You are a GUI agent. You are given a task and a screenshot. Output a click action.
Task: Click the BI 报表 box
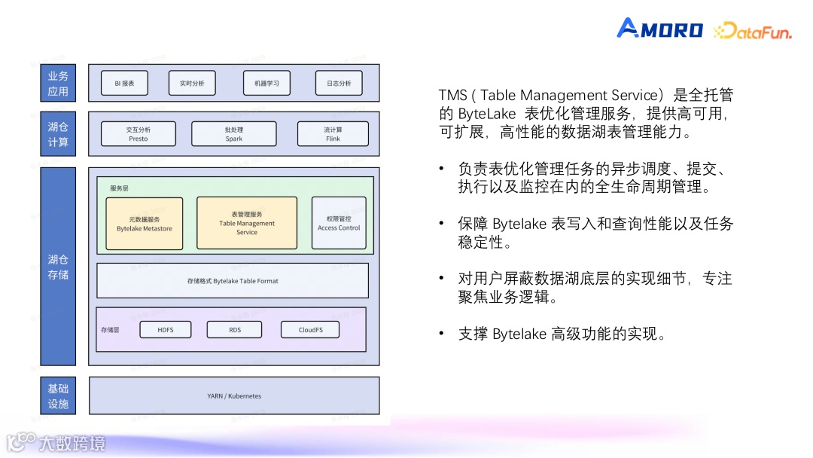coord(124,84)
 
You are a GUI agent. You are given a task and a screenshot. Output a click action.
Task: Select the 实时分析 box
coord(191,84)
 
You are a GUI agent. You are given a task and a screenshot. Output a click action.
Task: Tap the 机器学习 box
coord(266,84)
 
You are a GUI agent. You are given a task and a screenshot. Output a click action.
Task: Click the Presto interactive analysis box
coord(138,134)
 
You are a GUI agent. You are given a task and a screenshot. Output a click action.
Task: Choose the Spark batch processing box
coord(233,134)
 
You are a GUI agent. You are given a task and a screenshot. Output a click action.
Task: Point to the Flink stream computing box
coord(333,134)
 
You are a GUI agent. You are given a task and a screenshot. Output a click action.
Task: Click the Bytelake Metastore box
coord(145,224)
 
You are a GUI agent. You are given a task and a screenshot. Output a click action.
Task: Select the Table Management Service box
coord(247,223)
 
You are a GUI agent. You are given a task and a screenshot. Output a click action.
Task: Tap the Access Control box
coord(339,223)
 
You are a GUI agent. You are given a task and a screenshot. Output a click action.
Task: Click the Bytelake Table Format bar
coord(233,281)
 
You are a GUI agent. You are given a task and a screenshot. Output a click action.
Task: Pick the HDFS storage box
coord(166,330)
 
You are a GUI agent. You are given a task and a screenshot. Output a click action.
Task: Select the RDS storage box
coord(235,330)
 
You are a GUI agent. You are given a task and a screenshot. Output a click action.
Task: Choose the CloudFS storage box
coord(309,330)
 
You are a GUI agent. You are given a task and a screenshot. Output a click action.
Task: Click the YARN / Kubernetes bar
coord(234,395)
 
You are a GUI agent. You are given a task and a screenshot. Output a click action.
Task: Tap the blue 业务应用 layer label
coord(58,84)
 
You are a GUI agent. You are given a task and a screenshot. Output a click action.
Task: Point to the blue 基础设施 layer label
coord(58,396)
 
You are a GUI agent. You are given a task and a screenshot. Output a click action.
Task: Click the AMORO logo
coord(659,29)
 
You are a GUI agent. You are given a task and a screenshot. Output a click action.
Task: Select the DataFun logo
coord(752,31)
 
